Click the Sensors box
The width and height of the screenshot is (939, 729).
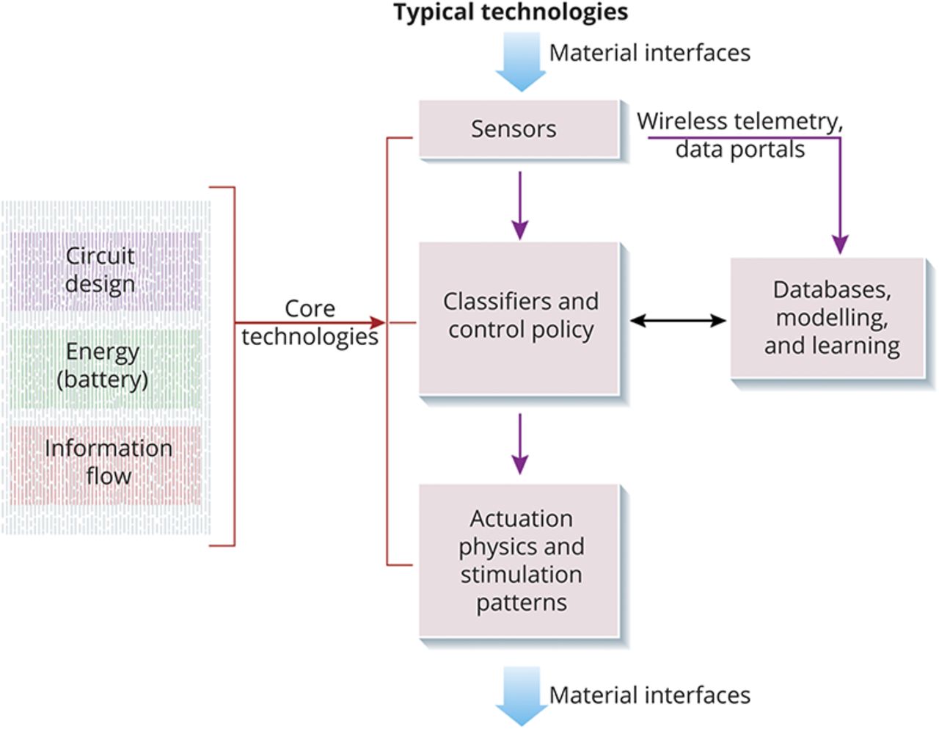pos(519,129)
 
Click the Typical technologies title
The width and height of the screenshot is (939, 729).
pos(511,12)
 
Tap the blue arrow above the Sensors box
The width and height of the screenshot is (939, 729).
pos(520,62)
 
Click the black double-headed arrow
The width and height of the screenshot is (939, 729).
pos(678,320)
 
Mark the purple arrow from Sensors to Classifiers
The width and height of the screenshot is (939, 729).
pos(519,206)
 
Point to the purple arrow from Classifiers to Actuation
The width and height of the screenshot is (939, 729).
pos(519,443)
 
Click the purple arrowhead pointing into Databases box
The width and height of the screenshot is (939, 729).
pos(840,245)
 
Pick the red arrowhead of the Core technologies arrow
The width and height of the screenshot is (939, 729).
pos(378,322)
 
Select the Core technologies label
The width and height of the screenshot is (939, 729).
pos(310,322)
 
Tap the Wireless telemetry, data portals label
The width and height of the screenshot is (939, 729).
pos(739,135)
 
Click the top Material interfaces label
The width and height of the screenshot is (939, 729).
pos(650,53)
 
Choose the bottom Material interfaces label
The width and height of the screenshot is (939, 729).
pos(650,695)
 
